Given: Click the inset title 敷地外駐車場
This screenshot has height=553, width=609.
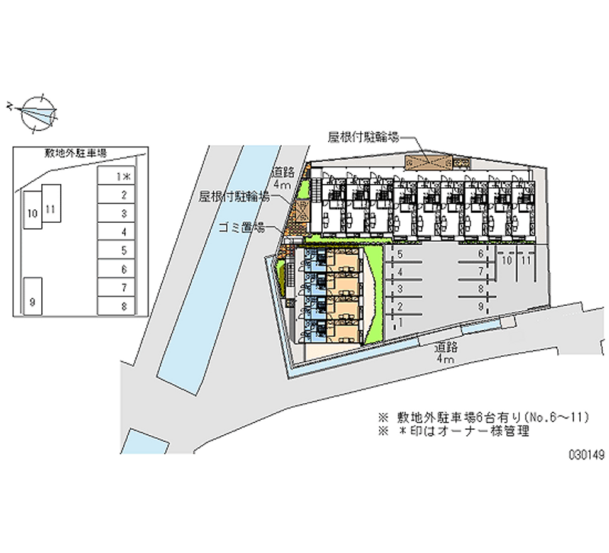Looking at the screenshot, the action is pos(75,153).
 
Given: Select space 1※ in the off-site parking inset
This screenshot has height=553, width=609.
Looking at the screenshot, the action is pos(116,176).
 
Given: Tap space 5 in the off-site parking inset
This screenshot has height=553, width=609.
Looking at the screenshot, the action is pos(116,250).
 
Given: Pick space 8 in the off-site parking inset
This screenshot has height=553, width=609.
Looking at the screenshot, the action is pos(116,306).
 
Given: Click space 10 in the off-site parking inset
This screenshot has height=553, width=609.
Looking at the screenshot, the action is pos(31,215).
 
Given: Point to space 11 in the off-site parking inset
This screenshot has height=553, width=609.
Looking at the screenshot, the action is pos(51,208).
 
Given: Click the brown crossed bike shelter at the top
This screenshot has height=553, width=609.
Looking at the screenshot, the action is pos(427,162).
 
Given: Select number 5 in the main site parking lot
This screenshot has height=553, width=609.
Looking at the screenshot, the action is pos(400,254).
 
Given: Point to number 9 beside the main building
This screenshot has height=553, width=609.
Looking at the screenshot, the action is pos(481,305).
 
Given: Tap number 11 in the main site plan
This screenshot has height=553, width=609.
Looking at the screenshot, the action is pos(525,260).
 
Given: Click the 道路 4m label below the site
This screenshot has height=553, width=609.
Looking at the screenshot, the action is pos(445,351).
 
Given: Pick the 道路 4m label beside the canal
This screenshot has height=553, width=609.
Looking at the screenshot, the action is pos(282,179).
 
